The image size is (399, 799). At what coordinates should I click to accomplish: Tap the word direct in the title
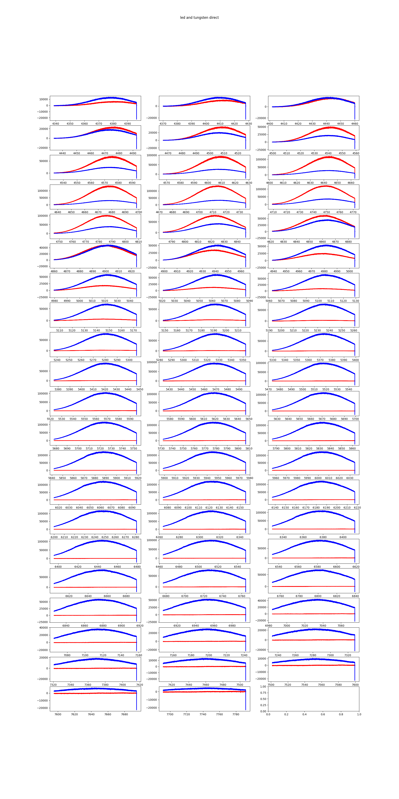tap(214, 18)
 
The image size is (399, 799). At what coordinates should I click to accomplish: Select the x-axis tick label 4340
tap(56, 124)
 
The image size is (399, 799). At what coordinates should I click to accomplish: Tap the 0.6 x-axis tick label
tap(323, 714)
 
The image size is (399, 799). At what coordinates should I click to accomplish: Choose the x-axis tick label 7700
tap(170, 714)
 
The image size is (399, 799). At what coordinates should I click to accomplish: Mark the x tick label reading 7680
tap(124, 714)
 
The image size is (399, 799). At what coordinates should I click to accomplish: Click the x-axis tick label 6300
tap(199, 537)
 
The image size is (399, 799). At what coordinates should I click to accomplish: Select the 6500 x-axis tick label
tap(198, 567)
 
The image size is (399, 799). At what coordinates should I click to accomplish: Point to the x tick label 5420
tap(105, 389)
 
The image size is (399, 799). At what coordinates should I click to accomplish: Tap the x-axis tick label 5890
tap(106, 478)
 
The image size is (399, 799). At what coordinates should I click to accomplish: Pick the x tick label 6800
tap(318, 596)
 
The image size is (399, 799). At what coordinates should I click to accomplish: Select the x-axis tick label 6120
tap(209, 508)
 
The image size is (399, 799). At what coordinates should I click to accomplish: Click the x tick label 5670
tap(322, 419)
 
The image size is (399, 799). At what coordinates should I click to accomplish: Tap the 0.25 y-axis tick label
tap(263, 705)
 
